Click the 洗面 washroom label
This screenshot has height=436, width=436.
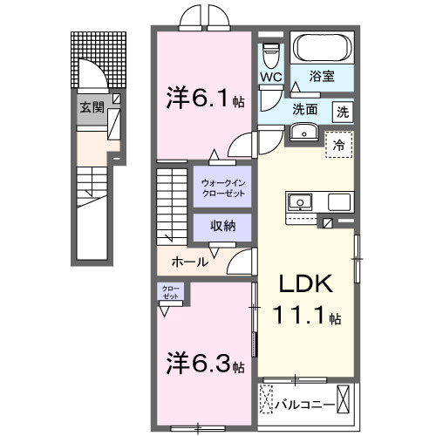tap(304, 111)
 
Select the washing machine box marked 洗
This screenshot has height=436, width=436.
tap(344, 111)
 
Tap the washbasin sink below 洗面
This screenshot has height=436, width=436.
tap(303, 133)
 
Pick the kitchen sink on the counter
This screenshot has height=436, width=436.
tap(301, 202)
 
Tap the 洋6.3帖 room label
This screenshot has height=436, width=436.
tap(206, 361)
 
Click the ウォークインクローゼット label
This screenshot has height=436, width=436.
tap(222, 187)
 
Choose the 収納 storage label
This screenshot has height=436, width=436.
tap(221, 226)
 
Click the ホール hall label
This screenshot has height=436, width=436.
tap(189, 261)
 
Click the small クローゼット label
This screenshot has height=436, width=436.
tap(169, 292)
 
